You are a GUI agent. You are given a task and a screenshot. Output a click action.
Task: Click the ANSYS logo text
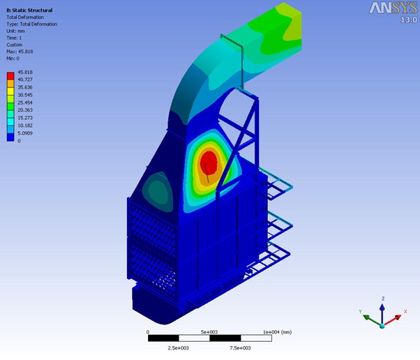(393, 8)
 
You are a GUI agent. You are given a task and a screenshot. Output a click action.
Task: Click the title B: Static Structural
(29, 10)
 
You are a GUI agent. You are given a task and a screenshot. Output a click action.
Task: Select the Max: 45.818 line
(20, 52)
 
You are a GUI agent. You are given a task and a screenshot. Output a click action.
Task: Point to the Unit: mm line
(15, 31)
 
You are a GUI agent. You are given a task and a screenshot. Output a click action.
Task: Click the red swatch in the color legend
(10, 76)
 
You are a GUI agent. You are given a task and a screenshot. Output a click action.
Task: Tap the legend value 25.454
(25, 103)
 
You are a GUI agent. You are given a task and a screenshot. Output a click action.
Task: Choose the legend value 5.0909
(25, 133)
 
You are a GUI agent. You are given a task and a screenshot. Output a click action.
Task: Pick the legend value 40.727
(25, 80)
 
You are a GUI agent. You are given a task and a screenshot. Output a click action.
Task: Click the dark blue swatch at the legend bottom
(10, 137)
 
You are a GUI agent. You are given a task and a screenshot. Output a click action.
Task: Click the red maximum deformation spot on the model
(209, 163)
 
